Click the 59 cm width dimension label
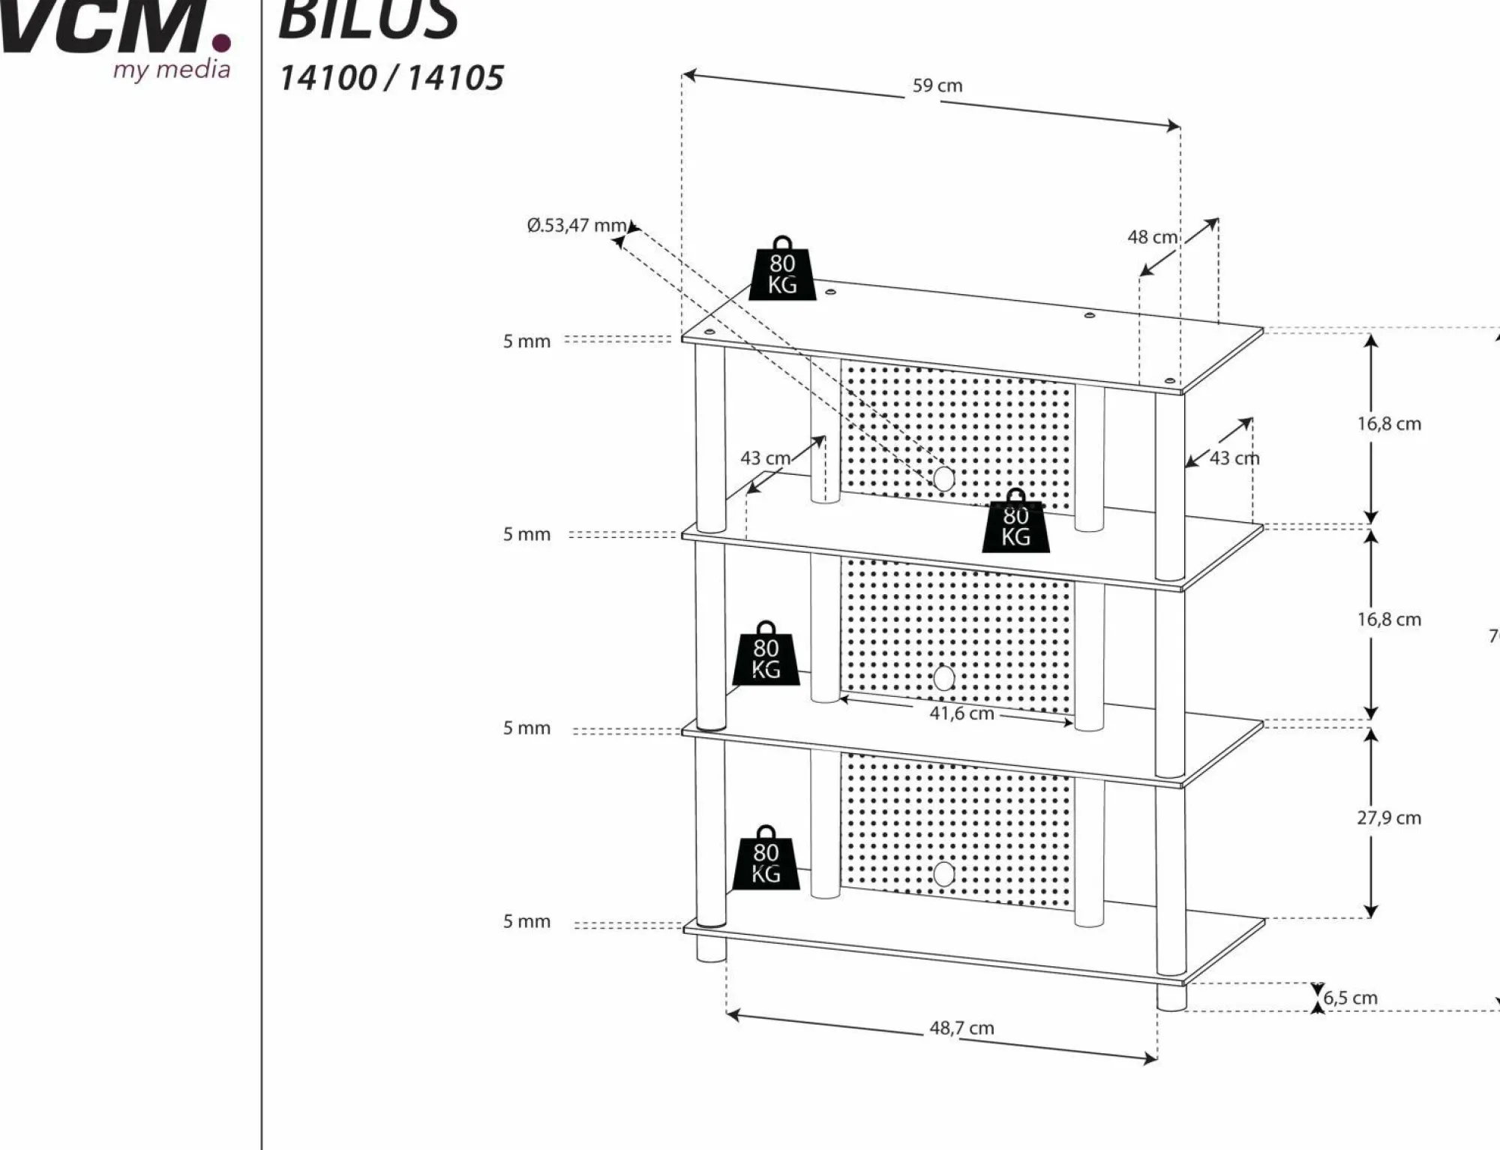[x=937, y=86]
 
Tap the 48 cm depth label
[x=1152, y=237]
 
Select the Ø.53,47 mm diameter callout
[x=576, y=225]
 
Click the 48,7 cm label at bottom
[x=961, y=1028]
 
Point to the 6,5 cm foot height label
[x=1350, y=998]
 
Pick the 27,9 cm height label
[x=1388, y=818]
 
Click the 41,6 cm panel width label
[x=961, y=713]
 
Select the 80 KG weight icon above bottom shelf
[x=766, y=860]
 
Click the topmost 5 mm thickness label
[x=526, y=341]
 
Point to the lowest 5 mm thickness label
[x=526, y=921]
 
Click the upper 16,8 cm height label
[x=1388, y=424]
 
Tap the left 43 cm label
[x=765, y=458]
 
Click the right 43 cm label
[x=1234, y=458]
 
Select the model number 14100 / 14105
[x=391, y=78]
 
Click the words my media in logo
[x=172, y=70]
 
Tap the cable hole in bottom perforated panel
[x=943, y=873]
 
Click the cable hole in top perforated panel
[x=943, y=478]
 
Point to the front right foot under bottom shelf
[x=1171, y=997]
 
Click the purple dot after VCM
[x=220, y=42]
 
